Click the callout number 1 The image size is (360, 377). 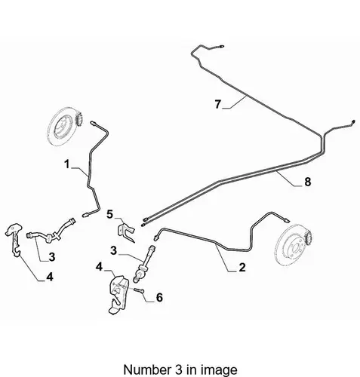(66, 164)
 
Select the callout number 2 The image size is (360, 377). (242, 267)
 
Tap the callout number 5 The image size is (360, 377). (110, 214)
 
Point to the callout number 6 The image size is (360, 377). (159, 297)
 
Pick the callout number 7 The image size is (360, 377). (217, 104)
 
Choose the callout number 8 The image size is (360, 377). (308, 182)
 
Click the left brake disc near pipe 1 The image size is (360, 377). (66, 127)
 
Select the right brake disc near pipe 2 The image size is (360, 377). (294, 247)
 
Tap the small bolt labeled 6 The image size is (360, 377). (139, 290)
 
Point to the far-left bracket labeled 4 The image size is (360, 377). (14, 240)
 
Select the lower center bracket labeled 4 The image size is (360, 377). (118, 294)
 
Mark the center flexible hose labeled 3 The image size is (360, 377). (145, 264)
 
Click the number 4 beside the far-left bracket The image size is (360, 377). (50, 277)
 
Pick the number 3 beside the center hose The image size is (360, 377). (114, 250)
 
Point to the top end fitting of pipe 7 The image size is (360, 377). (222, 46)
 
